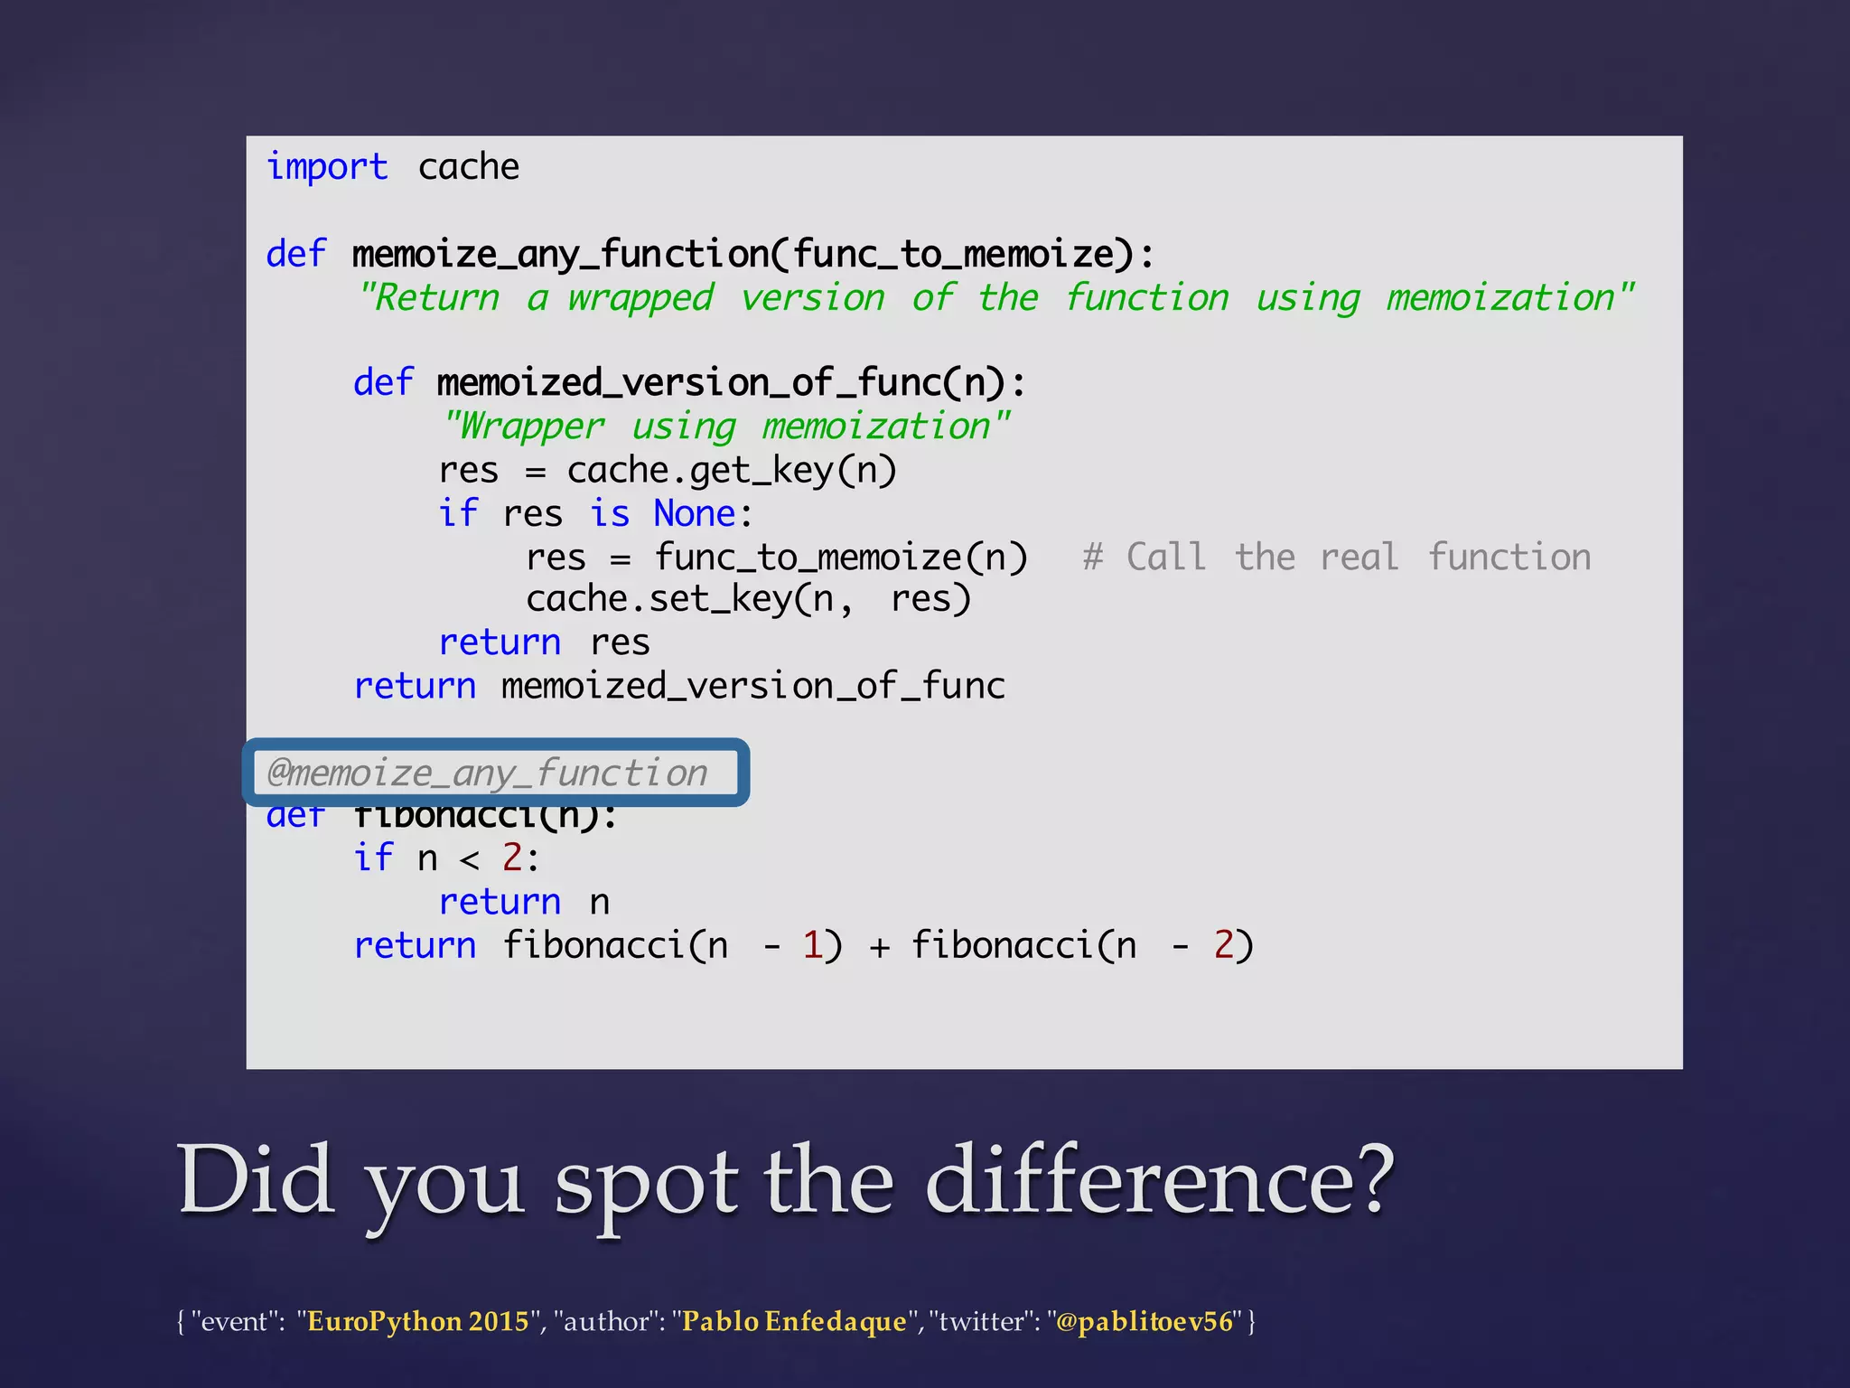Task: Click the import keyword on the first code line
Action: click(x=327, y=168)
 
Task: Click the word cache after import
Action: click(x=468, y=168)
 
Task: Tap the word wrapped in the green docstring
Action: click(x=640, y=298)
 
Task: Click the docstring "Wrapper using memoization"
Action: click(x=726, y=427)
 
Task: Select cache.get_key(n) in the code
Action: click(x=732, y=471)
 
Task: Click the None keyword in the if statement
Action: click(x=695, y=514)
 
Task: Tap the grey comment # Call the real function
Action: click(x=1336, y=558)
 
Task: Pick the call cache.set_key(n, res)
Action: click(x=748, y=599)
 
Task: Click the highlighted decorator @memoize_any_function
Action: click(x=488, y=774)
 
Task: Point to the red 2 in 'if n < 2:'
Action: click(x=512, y=858)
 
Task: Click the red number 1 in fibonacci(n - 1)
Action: click(x=811, y=946)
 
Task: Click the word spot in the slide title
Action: click(x=645, y=1184)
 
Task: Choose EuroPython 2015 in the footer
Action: click(x=417, y=1322)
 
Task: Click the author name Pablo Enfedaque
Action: click(x=793, y=1322)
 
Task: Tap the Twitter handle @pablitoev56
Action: click(x=1144, y=1322)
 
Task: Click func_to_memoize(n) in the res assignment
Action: click(x=841, y=558)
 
